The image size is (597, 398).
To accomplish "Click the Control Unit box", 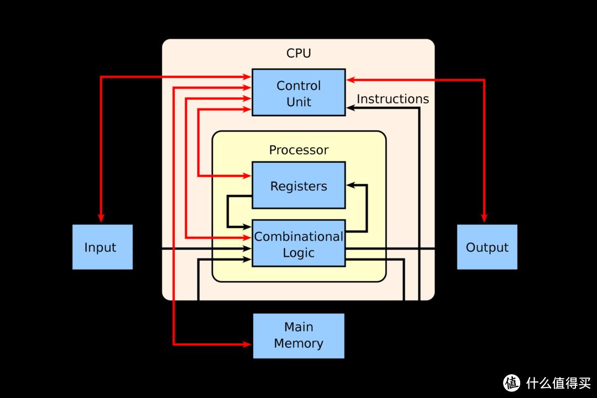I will [x=298, y=92].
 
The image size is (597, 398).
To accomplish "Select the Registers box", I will [x=298, y=185].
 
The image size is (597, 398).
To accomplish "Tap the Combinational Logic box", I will [x=298, y=244].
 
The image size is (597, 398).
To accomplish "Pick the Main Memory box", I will [x=298, y=335].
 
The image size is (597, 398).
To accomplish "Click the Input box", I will [x=102, y=247].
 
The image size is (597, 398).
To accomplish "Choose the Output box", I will [x=487, y=247].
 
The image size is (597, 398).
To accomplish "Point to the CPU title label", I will [x=298, y=53].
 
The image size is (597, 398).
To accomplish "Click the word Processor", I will [x=298, y=150].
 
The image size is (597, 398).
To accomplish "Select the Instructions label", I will [x=392, y=99].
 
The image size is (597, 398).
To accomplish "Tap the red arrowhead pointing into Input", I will [x=101, y=219].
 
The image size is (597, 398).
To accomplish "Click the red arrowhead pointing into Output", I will [x=484, y=219].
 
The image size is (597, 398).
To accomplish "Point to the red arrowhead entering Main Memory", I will [x=248, y=344].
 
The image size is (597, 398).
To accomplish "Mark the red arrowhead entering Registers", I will [x=247, y=176].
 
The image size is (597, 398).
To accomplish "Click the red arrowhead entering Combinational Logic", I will [x=247, y=237].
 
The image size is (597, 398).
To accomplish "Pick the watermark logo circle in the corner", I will [x=511, y=383].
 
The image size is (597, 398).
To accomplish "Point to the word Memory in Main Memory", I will [x=298, y=343].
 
